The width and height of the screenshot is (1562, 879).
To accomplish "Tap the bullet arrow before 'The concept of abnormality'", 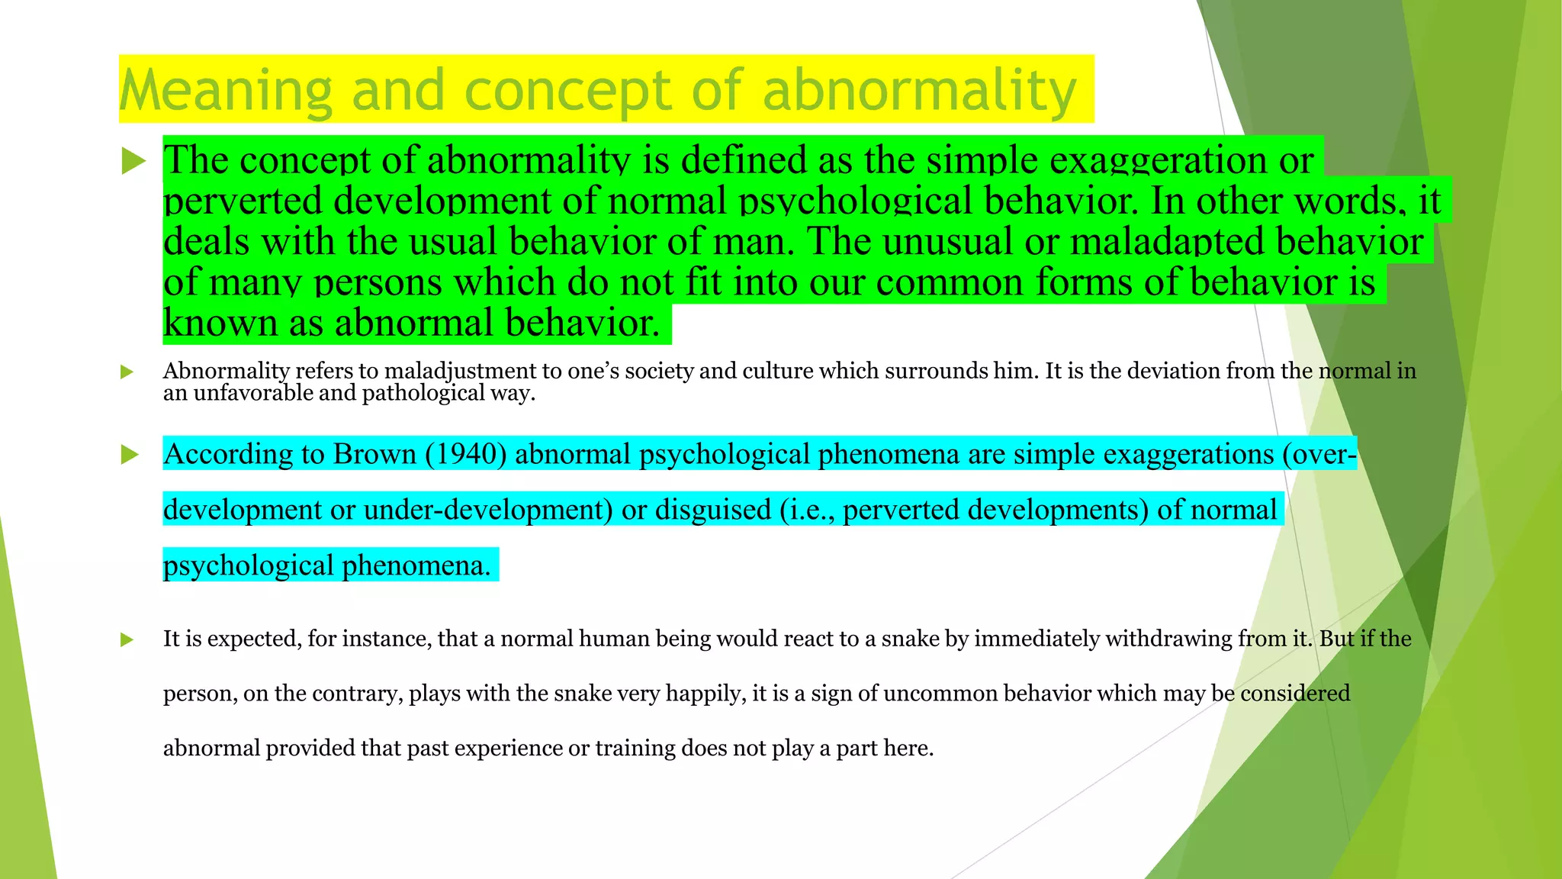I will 133,161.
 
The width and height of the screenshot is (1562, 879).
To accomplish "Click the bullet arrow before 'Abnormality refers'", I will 127,372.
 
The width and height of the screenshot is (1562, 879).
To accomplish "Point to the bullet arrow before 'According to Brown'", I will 130,455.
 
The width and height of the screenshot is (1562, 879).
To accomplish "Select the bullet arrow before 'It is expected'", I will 127,639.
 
